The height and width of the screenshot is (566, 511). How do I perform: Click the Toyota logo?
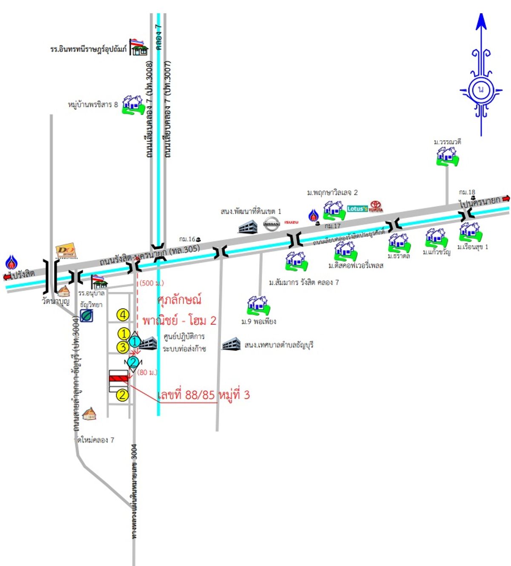[376, 207]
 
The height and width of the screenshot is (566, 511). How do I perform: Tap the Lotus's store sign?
[357, 208]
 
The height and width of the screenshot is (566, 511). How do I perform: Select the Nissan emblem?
[272, 223]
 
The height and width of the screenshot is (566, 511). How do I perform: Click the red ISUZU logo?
[291, 222]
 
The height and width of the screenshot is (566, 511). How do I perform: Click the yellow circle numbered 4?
[123, 315]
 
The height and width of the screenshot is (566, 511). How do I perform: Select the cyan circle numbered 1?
[135, 341]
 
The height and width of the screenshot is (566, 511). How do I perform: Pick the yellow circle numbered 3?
[123, 347]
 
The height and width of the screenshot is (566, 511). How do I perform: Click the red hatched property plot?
[118, 378]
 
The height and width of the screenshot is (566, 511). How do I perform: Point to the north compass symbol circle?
[481, 90]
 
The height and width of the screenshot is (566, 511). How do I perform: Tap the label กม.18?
[467, 192]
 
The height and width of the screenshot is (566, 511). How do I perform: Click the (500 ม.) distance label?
[152, 283]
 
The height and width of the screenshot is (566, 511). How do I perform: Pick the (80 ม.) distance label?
[147, 372]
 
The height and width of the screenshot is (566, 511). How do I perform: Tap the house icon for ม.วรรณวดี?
[447, 156]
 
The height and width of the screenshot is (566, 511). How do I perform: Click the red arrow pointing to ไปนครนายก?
[506, 198]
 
